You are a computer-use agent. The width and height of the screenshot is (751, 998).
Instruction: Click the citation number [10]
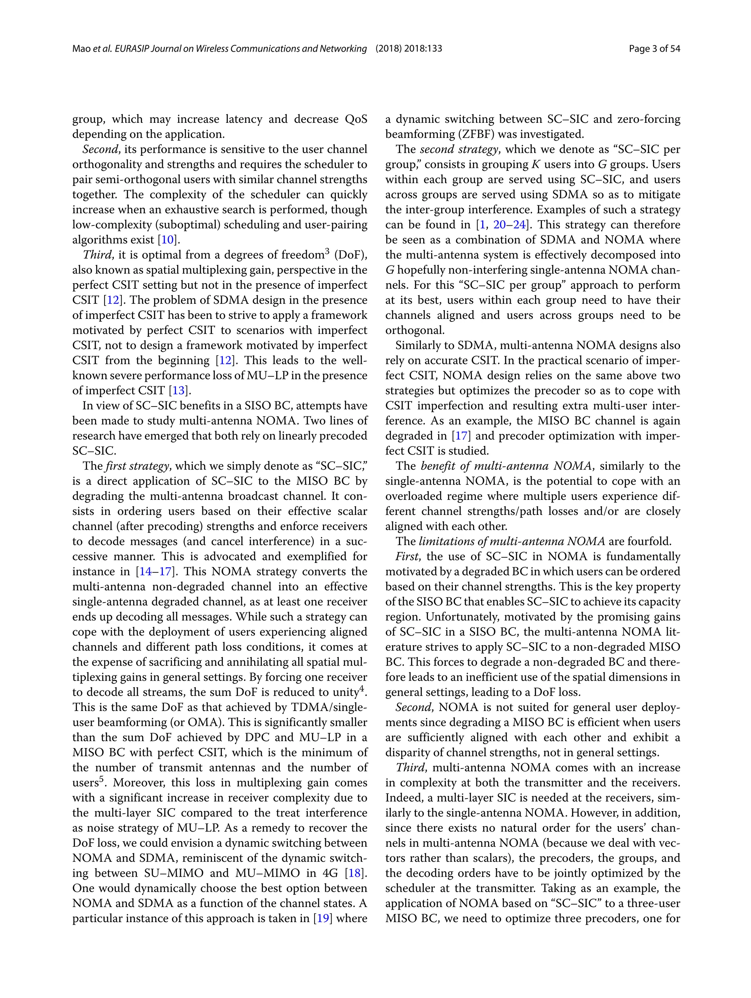[168, 240]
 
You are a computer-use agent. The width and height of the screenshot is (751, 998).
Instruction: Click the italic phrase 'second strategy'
[459, 149]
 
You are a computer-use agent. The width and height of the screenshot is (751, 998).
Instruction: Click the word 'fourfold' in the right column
[652, 541]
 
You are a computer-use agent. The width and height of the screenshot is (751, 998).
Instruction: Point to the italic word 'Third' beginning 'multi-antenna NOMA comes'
[410, 767]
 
